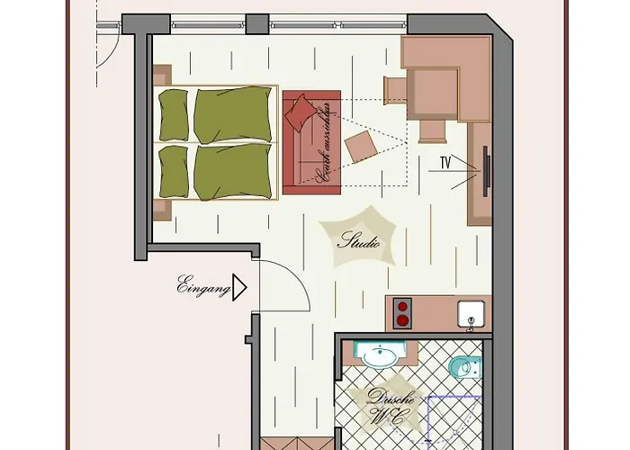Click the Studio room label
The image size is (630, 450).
[x=359, y=242]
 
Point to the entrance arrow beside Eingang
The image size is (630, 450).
[x=238, y=289]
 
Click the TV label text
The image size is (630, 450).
[x=445, y=163]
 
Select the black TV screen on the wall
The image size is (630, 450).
[x=486, y=170]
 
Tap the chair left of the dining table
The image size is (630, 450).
[x=396, y=91]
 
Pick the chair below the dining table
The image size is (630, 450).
[x=432, y=131]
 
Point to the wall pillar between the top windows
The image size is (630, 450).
[x=256, y=24]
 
